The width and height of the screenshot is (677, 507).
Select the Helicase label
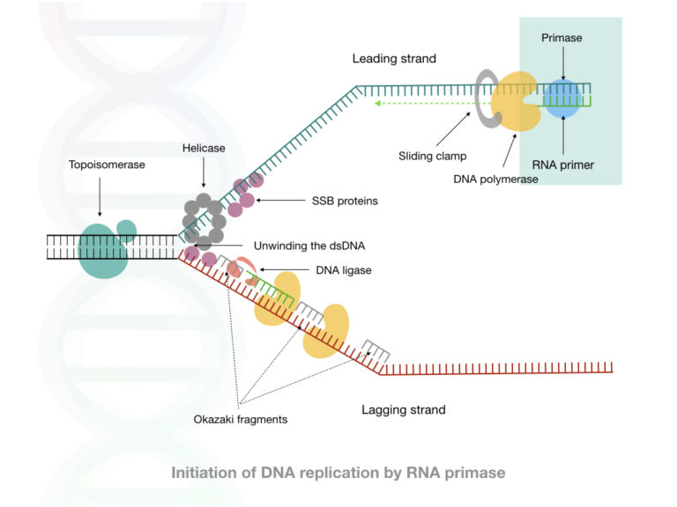[x=204, y=148]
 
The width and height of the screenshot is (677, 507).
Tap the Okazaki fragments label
[x=241, y=419]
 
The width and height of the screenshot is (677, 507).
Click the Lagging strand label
[x=404, y=409]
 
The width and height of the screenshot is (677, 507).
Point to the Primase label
[x=561, y=38]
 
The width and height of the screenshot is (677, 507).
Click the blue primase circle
[x=562, y=99]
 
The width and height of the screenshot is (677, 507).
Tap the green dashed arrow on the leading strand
[x=423, y=103]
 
